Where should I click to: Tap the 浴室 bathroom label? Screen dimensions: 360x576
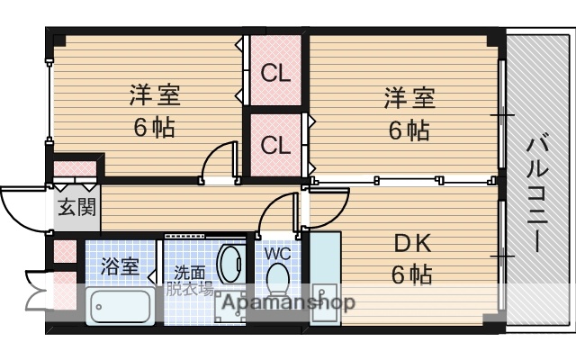click(x=119, y=266)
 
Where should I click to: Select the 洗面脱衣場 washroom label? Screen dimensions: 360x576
click(x=190, y=280)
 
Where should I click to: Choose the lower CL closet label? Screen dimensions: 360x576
click(x=275, y=143)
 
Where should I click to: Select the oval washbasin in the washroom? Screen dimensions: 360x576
click(x=232, y=265)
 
